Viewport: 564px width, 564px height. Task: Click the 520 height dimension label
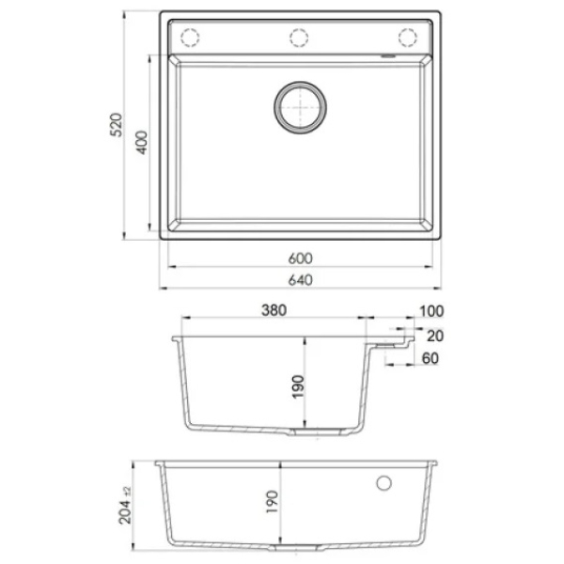point(117,125)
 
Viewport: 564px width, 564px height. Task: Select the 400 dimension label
point(142,143)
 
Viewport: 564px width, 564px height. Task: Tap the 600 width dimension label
point(301,258)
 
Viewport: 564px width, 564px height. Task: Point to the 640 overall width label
point(301,280)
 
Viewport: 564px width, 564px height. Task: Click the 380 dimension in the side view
point(274,310)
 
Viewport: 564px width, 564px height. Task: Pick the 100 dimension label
point(431,311)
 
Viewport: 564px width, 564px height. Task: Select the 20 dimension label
point(435,336)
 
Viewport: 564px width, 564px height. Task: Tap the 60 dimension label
point(431,358)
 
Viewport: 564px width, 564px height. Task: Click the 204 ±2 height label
point(126,506)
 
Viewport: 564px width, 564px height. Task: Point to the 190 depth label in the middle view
point(298,387)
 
